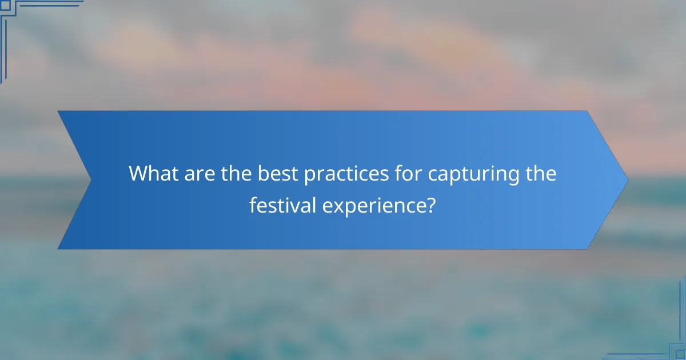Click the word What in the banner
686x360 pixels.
coord(152,173)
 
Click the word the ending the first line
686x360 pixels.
coord(539,173)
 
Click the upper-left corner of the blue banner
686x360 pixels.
coord(59,111)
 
